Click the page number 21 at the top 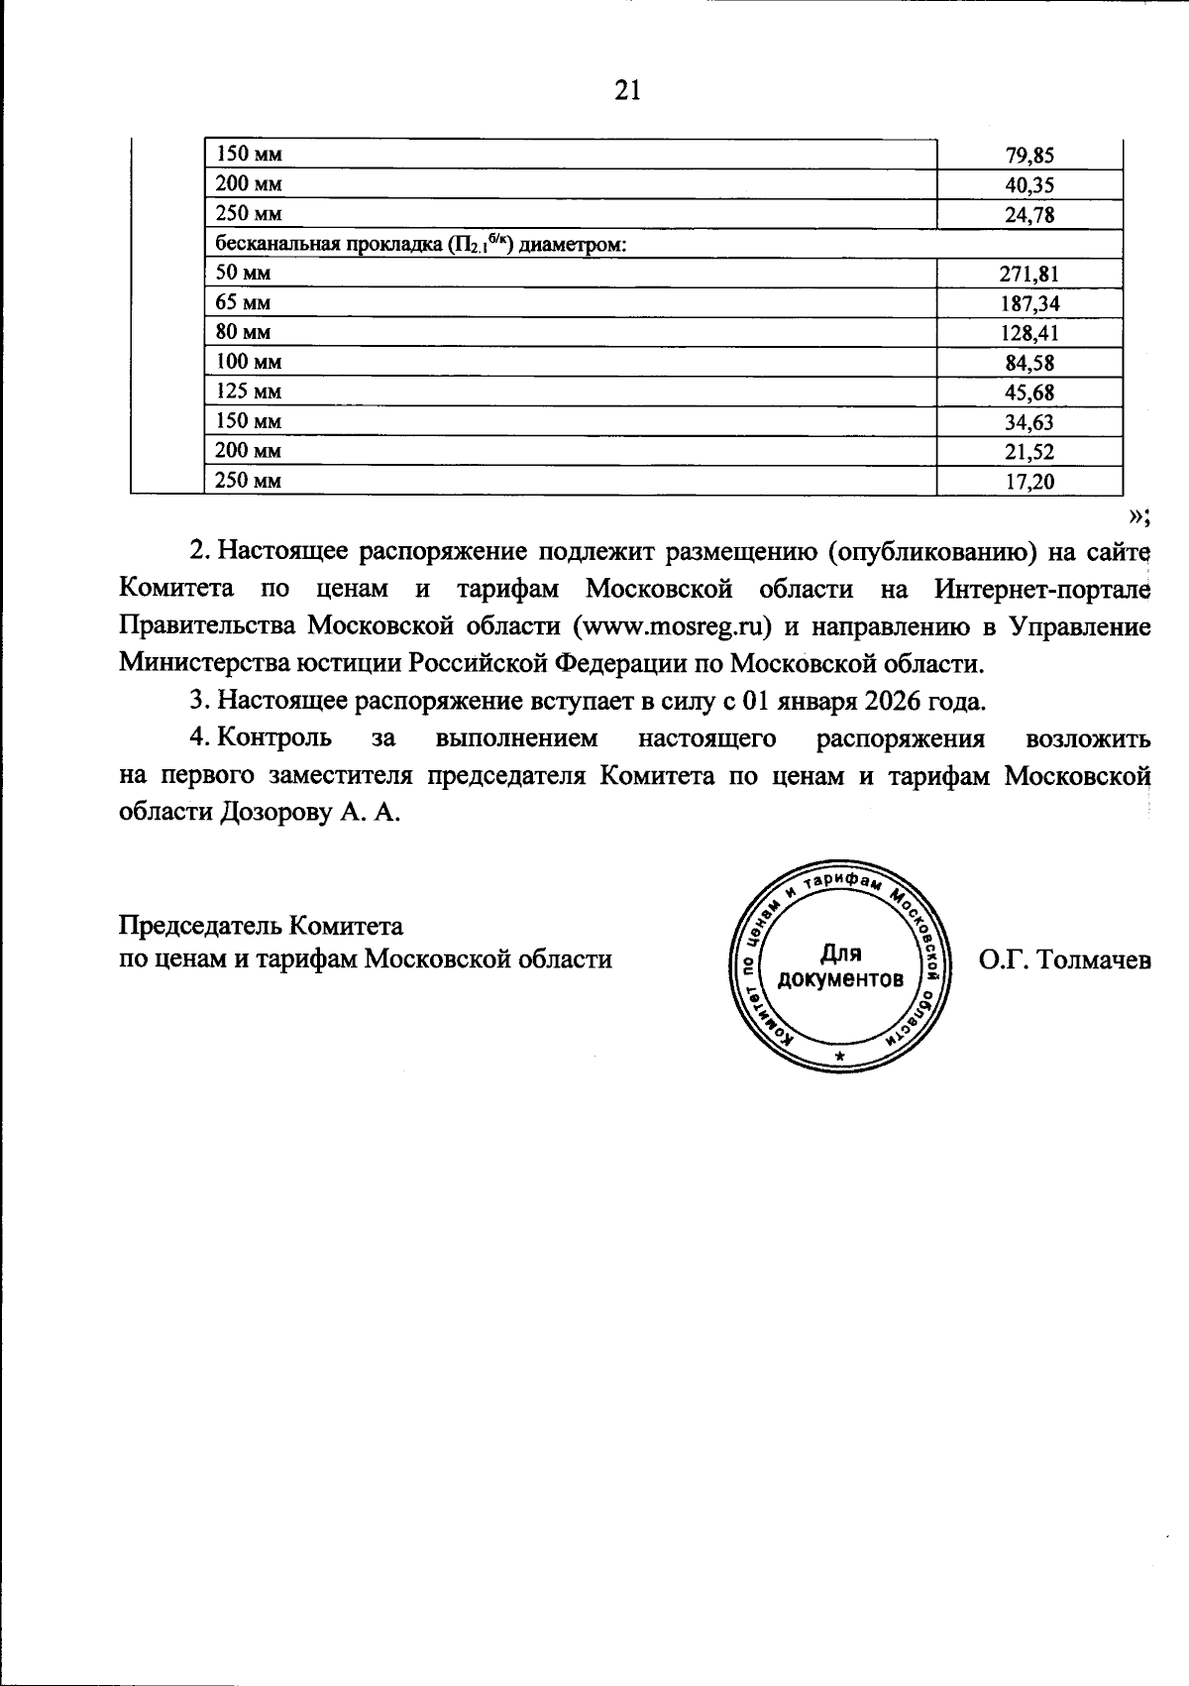coord(628,91)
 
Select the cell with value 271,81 coord(1029,274)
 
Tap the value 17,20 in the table coord(1029,482)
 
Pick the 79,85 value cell coord(1029,155)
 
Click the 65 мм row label coord(244,302)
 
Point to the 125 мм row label coord(249,392)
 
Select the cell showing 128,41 coord(1029,333)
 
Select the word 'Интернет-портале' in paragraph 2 coord(1042,589)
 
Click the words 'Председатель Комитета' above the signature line coord(261,926)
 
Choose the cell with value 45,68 coord(1029,393)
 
